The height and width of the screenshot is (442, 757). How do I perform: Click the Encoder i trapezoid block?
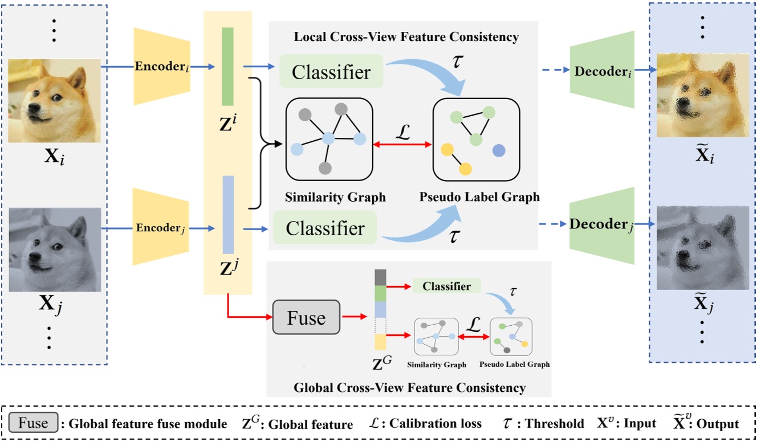click(x=161, y=67)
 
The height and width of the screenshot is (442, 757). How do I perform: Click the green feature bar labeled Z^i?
click(x=228, y=67)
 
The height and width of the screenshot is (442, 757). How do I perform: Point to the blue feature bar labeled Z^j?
click(x=228, y=214)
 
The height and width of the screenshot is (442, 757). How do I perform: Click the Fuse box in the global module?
click(x=306, y=317)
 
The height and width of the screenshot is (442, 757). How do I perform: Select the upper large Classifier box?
click(x=331, y=72)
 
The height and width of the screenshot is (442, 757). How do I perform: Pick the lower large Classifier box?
click(x=325, y=228)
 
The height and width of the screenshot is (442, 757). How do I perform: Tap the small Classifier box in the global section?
click(x=446, y=287)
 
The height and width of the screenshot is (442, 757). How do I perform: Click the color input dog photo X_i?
click(x=55, y=100)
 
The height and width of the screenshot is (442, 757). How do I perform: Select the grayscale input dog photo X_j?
click(x=55, y=249)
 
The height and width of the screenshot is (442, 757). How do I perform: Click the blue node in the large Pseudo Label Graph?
click(x=499, y=150)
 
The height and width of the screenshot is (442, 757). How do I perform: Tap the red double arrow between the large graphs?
click(x=402, y=145)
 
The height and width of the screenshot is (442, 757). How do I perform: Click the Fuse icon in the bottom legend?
click(x=34, y=424)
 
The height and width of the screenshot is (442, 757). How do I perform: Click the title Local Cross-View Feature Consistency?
click(x=406, y=37)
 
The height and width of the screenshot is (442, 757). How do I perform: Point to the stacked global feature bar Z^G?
click(x=380, y=310)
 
